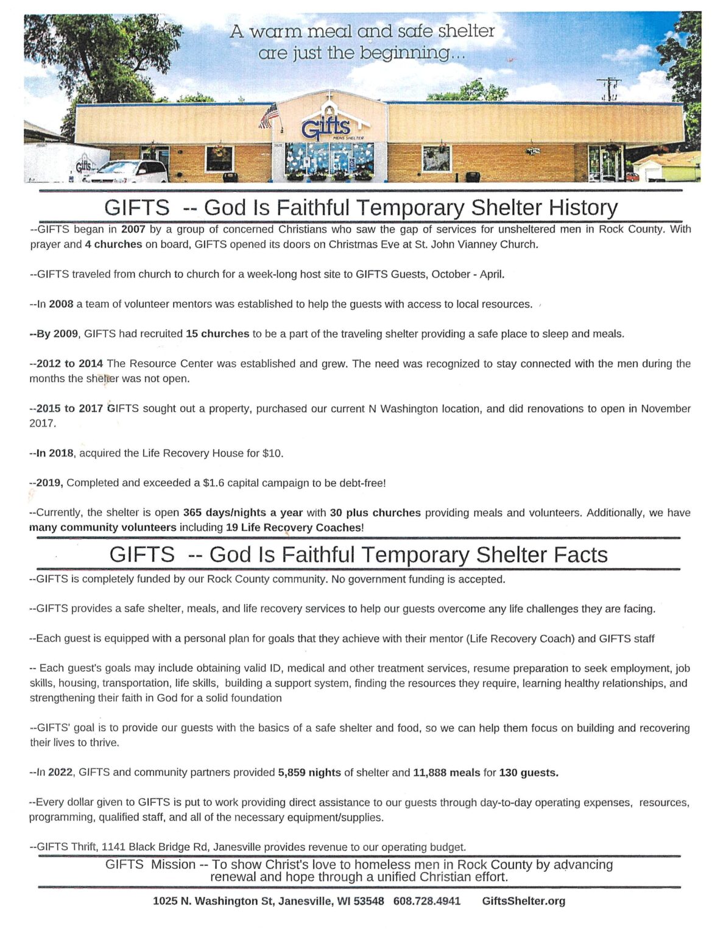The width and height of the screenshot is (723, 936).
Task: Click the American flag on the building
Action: point(269,115)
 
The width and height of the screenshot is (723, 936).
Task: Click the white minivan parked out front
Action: point(129,171)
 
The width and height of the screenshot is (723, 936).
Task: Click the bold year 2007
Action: point(133,230)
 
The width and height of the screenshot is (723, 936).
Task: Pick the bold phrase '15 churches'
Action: point(217,334)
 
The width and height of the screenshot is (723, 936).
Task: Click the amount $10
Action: point(272,453)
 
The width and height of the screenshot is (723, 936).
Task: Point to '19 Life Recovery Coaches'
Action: point(294,528)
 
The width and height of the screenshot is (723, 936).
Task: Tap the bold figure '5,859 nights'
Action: point(309,773)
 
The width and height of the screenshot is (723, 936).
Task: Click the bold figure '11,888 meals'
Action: point(446,773)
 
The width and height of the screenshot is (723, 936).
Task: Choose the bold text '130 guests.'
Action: point(529,773)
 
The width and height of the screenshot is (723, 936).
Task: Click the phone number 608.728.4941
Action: point(427,901)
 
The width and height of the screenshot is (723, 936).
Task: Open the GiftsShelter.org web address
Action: point(523,901)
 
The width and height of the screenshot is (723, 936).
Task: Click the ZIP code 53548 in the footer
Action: point(368,901)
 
